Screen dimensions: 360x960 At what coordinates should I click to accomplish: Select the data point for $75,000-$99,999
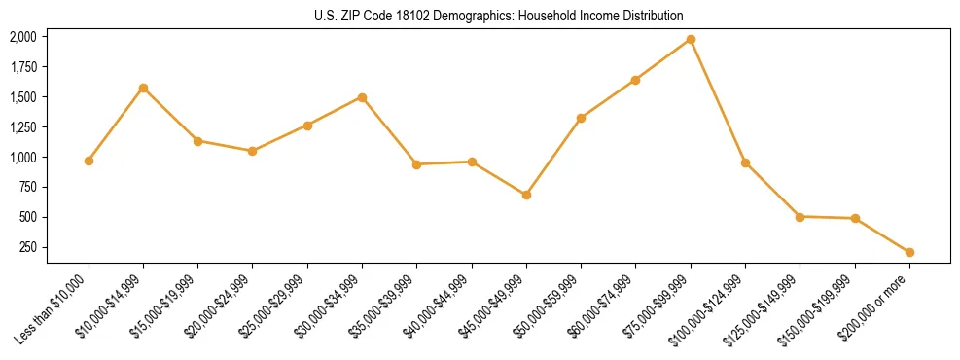(x=691, y=39)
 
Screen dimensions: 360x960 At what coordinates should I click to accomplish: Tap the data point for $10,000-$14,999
(x=143, y=88)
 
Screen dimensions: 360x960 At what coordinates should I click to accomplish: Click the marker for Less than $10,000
(x=89, y=161)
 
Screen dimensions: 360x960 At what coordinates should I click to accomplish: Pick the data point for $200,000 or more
(x=909, y=252)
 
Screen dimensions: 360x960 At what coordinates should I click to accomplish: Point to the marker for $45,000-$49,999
(x=526, y=195)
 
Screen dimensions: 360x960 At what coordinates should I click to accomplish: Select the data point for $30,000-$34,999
(x=362, y=97)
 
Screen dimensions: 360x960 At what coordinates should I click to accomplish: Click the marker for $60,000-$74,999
(x=635, y=80)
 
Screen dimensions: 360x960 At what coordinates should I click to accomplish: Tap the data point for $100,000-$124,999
(x=745, y=162)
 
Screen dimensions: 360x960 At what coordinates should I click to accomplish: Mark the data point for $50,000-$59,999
(x=581, y=118)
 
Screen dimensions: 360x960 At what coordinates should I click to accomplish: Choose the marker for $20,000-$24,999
(x=253, y=151)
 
